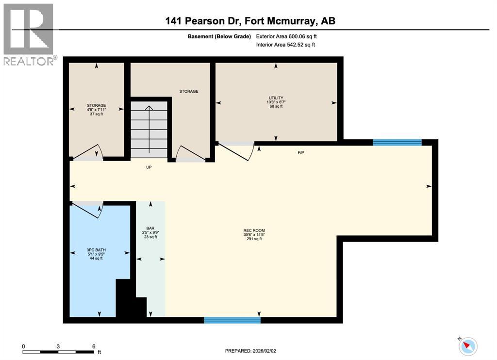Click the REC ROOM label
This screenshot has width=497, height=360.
tap(254, 230)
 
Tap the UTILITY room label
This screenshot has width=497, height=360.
tap(275, 98)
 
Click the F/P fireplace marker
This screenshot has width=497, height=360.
tap(301, 153)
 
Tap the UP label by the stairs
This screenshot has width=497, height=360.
tap(149, 167)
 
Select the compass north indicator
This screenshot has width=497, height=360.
tap(468, 346)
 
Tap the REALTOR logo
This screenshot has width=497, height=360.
tap(29, 34)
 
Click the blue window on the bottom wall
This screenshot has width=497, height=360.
tap(232, 320)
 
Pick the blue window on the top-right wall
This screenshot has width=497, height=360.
tap(397, 142)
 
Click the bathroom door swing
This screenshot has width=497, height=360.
tap(87, 210)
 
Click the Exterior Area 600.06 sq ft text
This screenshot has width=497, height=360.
tap(287, 36)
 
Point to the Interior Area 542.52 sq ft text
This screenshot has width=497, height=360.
tap(285, 45)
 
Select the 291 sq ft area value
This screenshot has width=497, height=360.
tap(254, 239)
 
